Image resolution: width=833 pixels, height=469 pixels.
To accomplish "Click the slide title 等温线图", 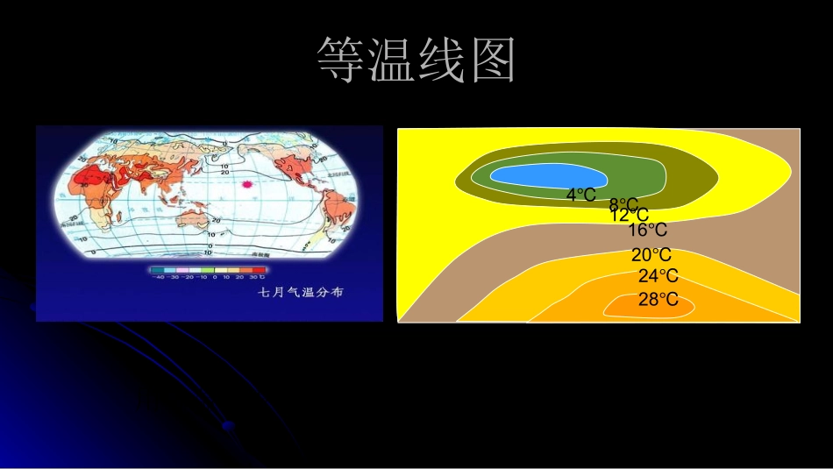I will click(x=416, y=60).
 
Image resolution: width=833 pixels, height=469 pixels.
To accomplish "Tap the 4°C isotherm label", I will click(x=580, y=195).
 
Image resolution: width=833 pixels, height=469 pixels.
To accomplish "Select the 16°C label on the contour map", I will click(x=647, y=231).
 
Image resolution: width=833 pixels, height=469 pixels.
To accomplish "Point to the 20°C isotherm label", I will click(x=651, y=255).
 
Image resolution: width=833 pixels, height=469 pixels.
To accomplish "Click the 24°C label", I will click(x=658, y=276).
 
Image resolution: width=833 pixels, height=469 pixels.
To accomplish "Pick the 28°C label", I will click(x=658, y=300).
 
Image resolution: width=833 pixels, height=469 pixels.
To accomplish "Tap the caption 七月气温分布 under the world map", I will click(x=300, y=292).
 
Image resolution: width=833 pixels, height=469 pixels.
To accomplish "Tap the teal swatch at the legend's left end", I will click(x=156, y=270).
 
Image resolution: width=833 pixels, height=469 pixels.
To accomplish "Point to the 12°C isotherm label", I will click(x=630, y=215).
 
